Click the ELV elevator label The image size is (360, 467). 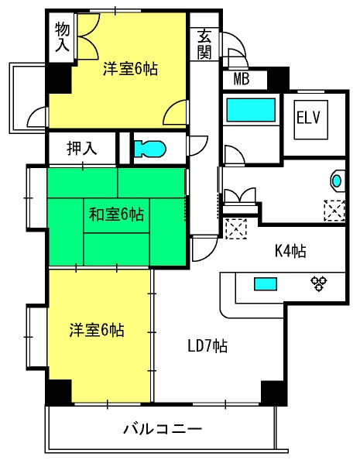click(x=308, y=117)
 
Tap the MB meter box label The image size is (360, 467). click(x=242, y=79)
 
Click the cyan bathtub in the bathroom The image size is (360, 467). click(x=251, y=110)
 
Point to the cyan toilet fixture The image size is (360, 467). click(x=149, y=149)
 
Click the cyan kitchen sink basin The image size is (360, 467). click(x=266, y=283)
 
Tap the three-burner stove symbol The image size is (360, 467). click(x=319, y=283)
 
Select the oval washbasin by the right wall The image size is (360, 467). click(x=337, y=180)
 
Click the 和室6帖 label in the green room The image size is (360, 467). click(x=116, y=214)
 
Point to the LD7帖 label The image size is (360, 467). click(x=207, y=346)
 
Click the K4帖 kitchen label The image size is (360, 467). click(x=290, y=251)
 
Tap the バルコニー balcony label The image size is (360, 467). click(x=163, y=429)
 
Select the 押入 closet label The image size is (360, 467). click(x=82, y=148)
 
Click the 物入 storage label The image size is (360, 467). click(x=62, y=37)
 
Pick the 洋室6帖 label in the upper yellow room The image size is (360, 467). click(x=130, y=69)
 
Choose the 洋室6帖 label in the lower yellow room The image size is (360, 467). click(x=97, y=330)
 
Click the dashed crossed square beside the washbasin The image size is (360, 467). click(x=334, y=211)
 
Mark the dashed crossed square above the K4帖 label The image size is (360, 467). click(x=236, y=228)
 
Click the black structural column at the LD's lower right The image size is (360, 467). click(x=274, y=393)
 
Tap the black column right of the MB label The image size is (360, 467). click(x=279, y=78)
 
